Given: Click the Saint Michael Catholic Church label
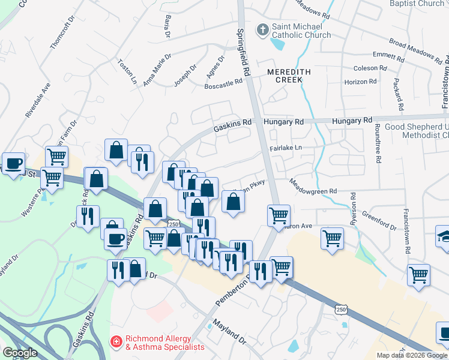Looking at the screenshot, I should (301, 31).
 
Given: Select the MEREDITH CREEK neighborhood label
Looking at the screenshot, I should (289, 72).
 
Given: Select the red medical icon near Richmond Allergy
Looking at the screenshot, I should (116, 341).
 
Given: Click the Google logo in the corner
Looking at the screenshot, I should (20, 353).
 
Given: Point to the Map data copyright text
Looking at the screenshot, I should (412, 355).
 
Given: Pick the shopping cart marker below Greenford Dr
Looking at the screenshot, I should (418, 275).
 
